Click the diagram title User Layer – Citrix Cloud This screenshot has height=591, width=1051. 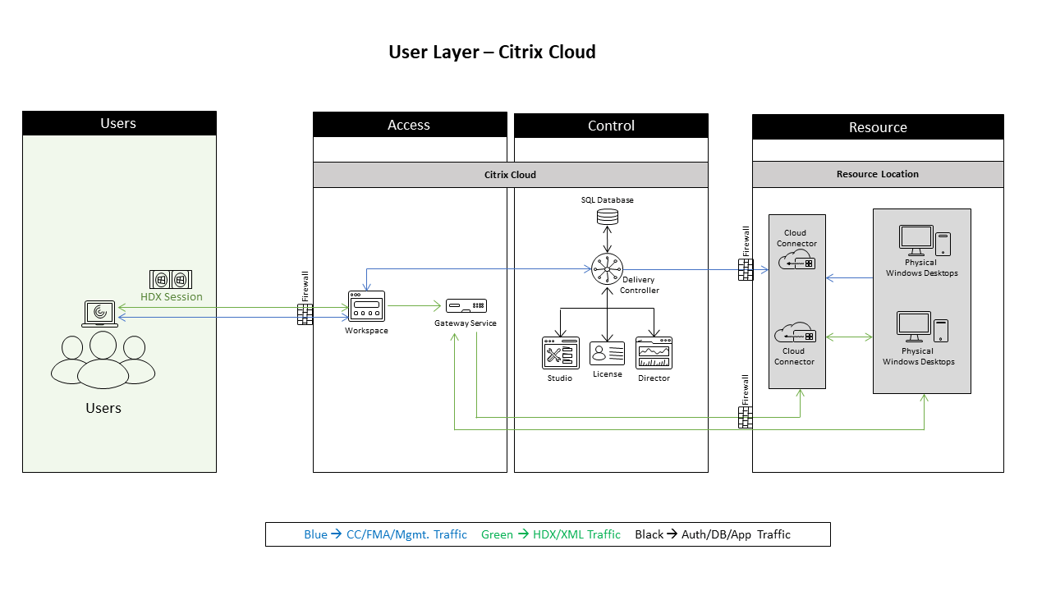pyautogui.click(x=492, y=53)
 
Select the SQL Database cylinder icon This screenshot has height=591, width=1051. pyautogui.click(x=608, y=217)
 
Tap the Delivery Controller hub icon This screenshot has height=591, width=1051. pyautogui.click(x=608, y=268)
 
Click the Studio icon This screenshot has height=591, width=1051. pyautogui.click(x=560, y=353)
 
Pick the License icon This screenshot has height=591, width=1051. pyautogui.click(x=608, y=353)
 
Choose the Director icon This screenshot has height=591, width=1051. pyautogui.click(x=654, y=353)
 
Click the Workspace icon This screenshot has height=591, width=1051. pyautogui.click(x=366, y=307)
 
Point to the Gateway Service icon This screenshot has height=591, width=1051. pyautogui.click(x=466, y=306)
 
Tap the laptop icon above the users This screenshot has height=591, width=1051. pyautogui.click(x=100, y=313)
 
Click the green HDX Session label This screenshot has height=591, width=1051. pyautogui.click(x=171, y=297)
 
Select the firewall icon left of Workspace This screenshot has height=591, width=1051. pyautogui.click(x=305, y=314)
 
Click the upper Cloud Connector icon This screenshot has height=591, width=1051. pyautogui.click(x=796, y=260)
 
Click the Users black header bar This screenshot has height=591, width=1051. pyautogui.click(x=119, y=123)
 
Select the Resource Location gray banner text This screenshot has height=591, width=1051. pyautogui.click(x=877, y=174)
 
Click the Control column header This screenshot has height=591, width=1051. pyautogui.click(x=611, y=126)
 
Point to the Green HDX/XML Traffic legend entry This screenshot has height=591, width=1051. pyautogui.click(x=551, y=534)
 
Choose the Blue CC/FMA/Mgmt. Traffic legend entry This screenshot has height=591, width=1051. pyautogui.click(x=385, y=534)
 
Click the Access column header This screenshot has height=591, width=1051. pyautogui.click(x=409, y=125)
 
